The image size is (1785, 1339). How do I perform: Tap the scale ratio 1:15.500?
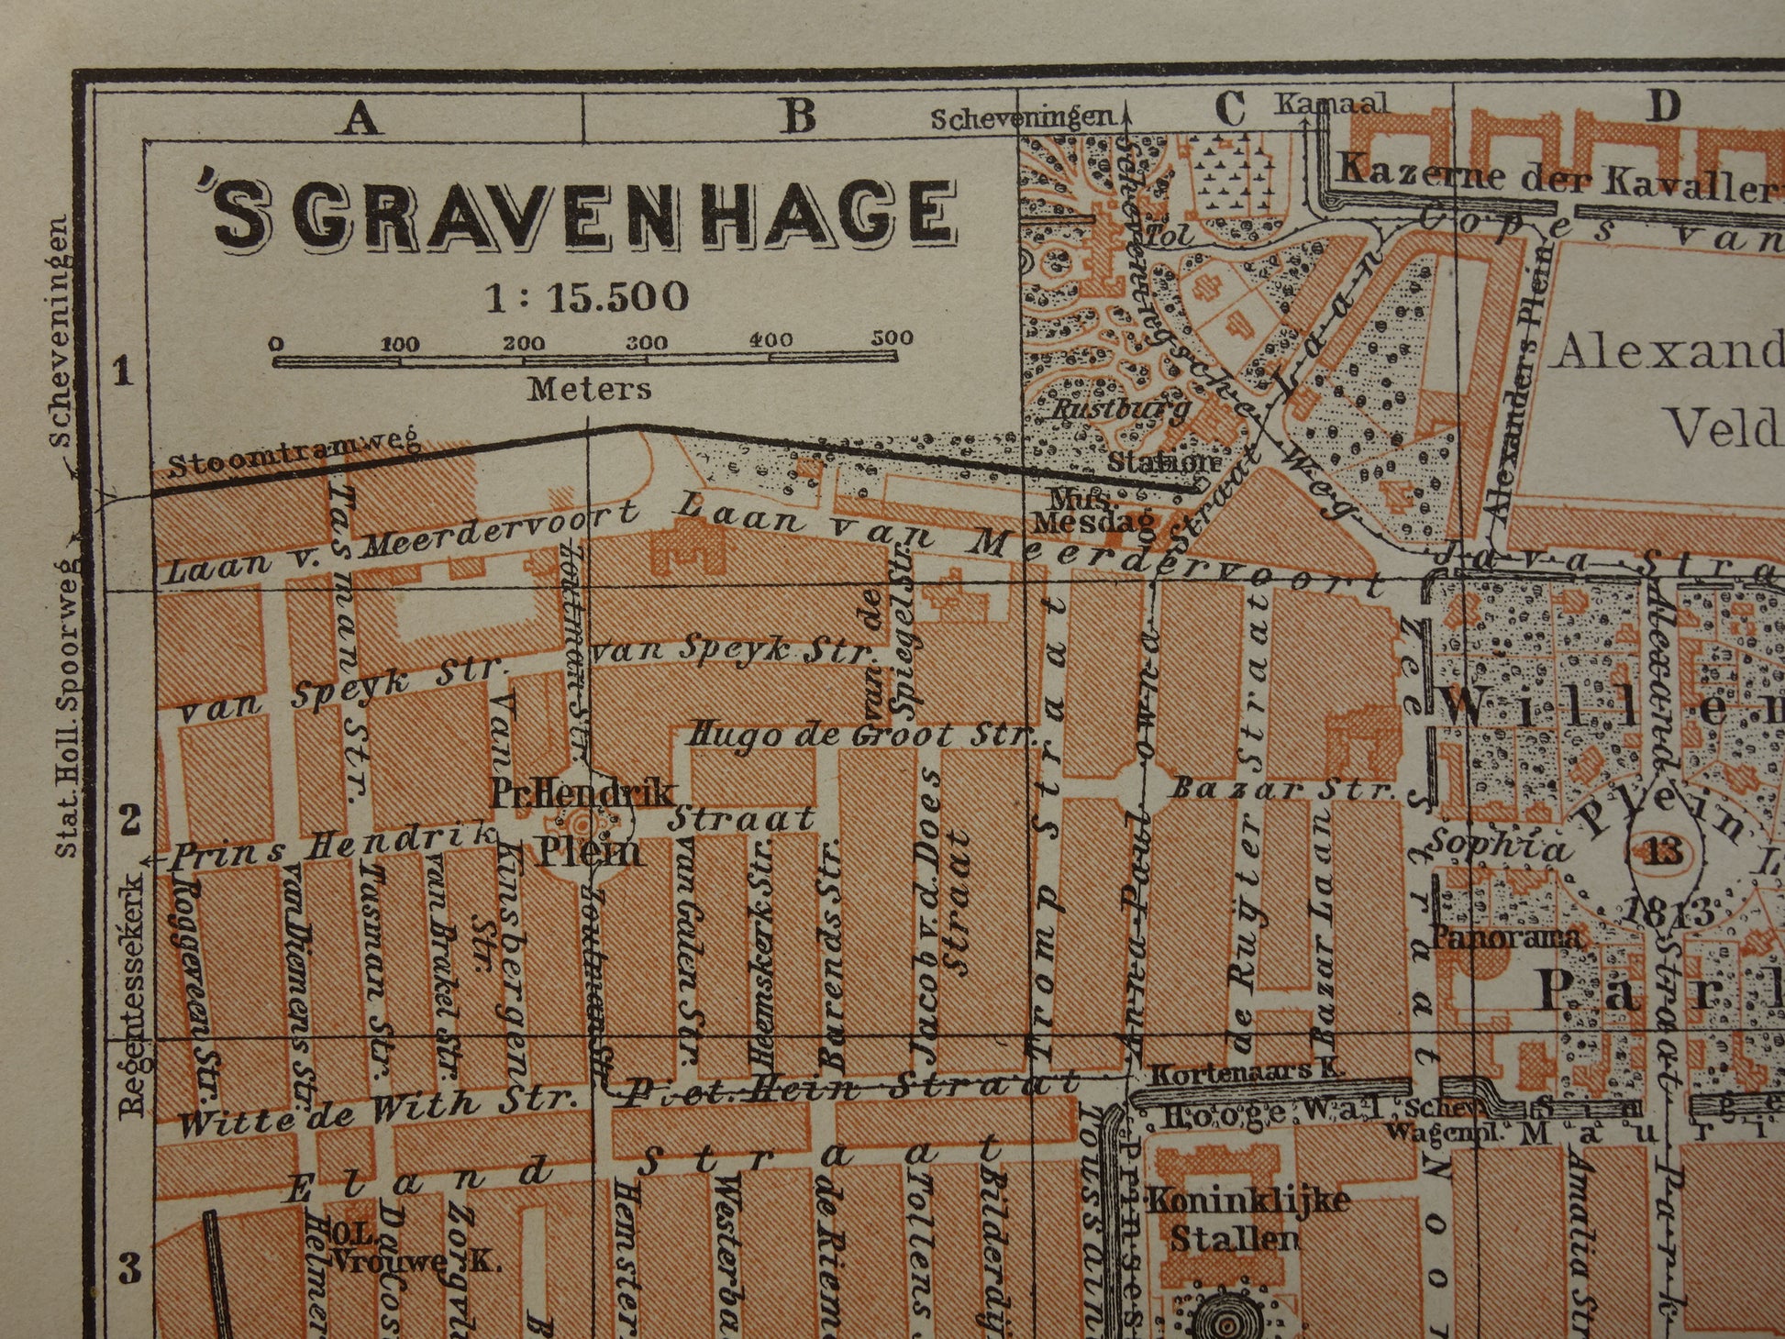[x=587, y=297]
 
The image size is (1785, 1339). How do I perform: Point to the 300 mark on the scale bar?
[x=647, y=343]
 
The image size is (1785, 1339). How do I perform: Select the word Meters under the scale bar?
[x=589, y=389]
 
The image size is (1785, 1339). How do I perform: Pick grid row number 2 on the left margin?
[x=130, y=819]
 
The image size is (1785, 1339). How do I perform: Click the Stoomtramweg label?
[x=294, y=455]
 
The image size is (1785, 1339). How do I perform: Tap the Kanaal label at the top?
[x=1330, y=104]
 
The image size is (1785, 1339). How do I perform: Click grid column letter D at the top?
[x=1662, y=106]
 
